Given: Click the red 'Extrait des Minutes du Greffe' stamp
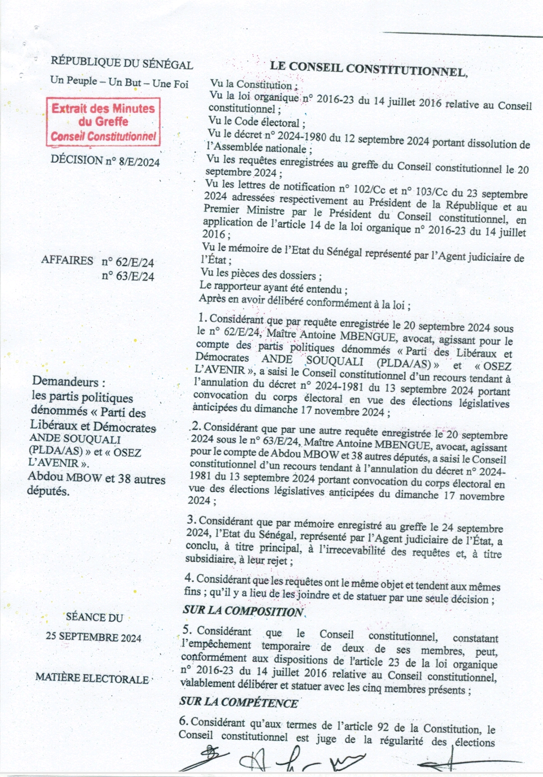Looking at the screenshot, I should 103,122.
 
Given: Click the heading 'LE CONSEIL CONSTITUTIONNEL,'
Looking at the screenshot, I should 369,68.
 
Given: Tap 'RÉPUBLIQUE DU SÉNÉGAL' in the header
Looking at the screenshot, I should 122,63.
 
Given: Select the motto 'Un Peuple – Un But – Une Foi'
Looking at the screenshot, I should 119,82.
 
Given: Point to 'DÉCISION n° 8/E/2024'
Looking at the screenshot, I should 105,161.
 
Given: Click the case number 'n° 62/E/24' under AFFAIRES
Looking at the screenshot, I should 128,262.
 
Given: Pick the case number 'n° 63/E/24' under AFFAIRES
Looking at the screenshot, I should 128,276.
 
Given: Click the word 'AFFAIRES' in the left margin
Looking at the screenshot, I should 67,261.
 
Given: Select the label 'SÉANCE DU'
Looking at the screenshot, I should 94,617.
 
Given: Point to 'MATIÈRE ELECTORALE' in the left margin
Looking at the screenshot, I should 92,678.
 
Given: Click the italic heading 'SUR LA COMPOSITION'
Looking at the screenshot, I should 243,611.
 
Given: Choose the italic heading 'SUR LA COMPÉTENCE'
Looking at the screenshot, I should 239,703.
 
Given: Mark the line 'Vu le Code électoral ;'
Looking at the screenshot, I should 256,122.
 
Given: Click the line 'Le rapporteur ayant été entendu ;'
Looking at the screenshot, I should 273,288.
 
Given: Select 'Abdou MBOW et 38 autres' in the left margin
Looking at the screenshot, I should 97,478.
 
